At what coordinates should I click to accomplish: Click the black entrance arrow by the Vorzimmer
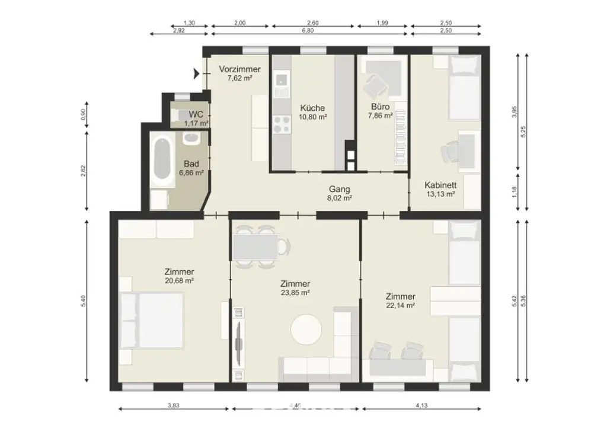tap(196, 73)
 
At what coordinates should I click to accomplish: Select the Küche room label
tap(312, 108)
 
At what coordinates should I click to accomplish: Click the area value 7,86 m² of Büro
tap(380, 116)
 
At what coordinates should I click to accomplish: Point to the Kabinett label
tap(440, 184)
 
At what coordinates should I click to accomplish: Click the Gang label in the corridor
tap(340, 189)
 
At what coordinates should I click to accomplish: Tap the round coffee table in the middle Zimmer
tap(307, 329)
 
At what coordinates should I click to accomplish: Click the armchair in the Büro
tap(375, 87)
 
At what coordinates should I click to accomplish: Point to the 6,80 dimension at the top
tap(308, 30)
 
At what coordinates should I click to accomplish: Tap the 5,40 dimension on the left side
tap(84, 301)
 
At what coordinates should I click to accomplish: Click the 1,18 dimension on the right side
tap(514, 191)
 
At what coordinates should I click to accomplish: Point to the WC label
tap(196, 114)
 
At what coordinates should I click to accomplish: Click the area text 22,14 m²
tap(400, 306)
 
